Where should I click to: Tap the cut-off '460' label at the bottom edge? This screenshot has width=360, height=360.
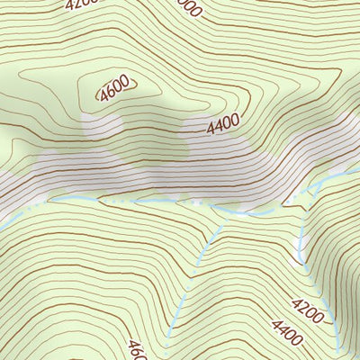click(x=137, y=349)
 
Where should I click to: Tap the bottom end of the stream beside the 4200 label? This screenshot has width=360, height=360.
click(x=337, y=356)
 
